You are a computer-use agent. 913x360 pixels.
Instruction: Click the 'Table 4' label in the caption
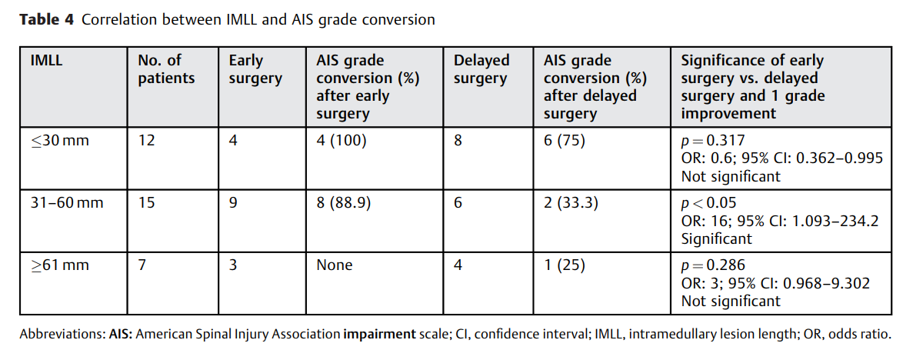(x=47, y=21)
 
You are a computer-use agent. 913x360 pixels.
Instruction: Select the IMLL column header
(x=46, y=61)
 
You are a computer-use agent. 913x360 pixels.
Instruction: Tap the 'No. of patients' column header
(x=166, y=69)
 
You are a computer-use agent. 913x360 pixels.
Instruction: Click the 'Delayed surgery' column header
(x=481, y=70)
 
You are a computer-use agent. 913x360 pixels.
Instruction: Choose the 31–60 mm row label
(x=67, y=203)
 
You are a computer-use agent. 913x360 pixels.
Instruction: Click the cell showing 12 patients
(x=146, y=141)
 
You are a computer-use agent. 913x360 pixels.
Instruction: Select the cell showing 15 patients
(x=146, y=203)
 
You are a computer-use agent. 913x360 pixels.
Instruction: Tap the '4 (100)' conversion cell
(x=342, y=141)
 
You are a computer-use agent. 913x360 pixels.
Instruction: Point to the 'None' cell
(x=335, y=265)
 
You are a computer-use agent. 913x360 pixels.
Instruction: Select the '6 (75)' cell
(x=565, y=141)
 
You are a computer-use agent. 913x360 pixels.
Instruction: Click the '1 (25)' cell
(x=565, y=266)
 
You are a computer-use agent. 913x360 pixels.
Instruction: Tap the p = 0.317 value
(x=713, y=141)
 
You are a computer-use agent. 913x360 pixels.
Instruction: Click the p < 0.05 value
(x=708, y=204)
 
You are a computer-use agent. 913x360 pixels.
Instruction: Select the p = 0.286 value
(x=713, y=266)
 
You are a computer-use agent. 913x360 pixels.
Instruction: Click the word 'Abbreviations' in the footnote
(x=62, y=335)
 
